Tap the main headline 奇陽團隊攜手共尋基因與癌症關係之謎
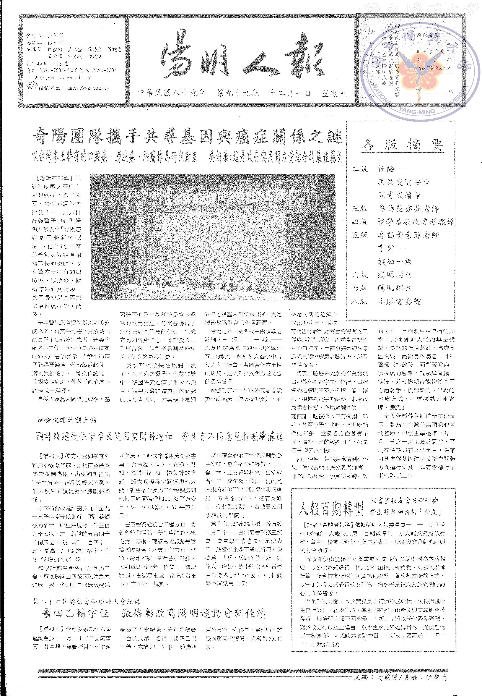(x=187, y=136)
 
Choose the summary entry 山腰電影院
(x=399, y=301)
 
